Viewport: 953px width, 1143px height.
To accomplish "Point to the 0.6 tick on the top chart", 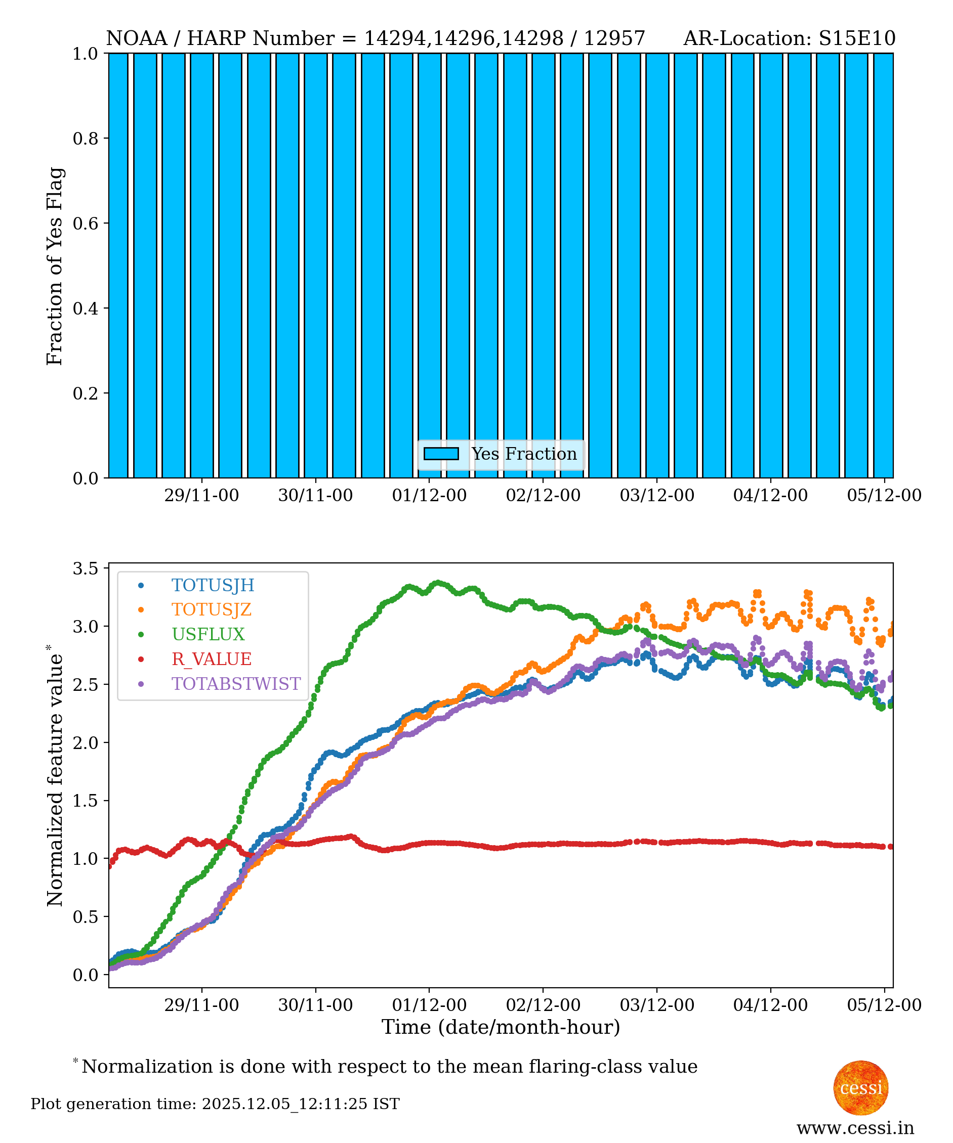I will (86, 223).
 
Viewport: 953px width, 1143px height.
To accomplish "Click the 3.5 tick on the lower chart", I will (86, 568).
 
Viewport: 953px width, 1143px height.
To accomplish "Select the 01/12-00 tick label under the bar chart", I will (429, 495).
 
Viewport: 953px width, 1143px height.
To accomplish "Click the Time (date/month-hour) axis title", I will (501, 1027).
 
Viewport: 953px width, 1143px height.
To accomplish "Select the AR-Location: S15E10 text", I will (789, 38).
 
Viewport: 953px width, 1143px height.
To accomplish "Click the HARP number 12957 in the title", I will (614, 38).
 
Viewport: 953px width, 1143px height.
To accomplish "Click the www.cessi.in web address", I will (855, 1128).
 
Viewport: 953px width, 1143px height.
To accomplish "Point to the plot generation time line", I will (215, 1104).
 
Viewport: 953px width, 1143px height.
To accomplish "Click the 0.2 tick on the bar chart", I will (86, 393).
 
